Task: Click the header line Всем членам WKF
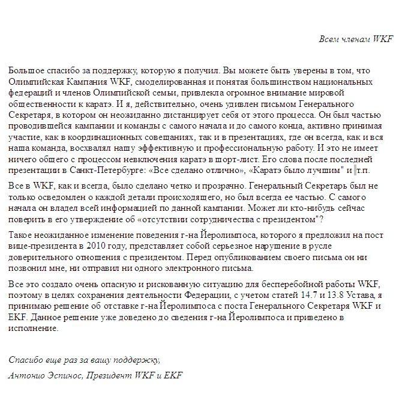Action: [355, 39]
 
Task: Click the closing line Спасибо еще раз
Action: [84, 360]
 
